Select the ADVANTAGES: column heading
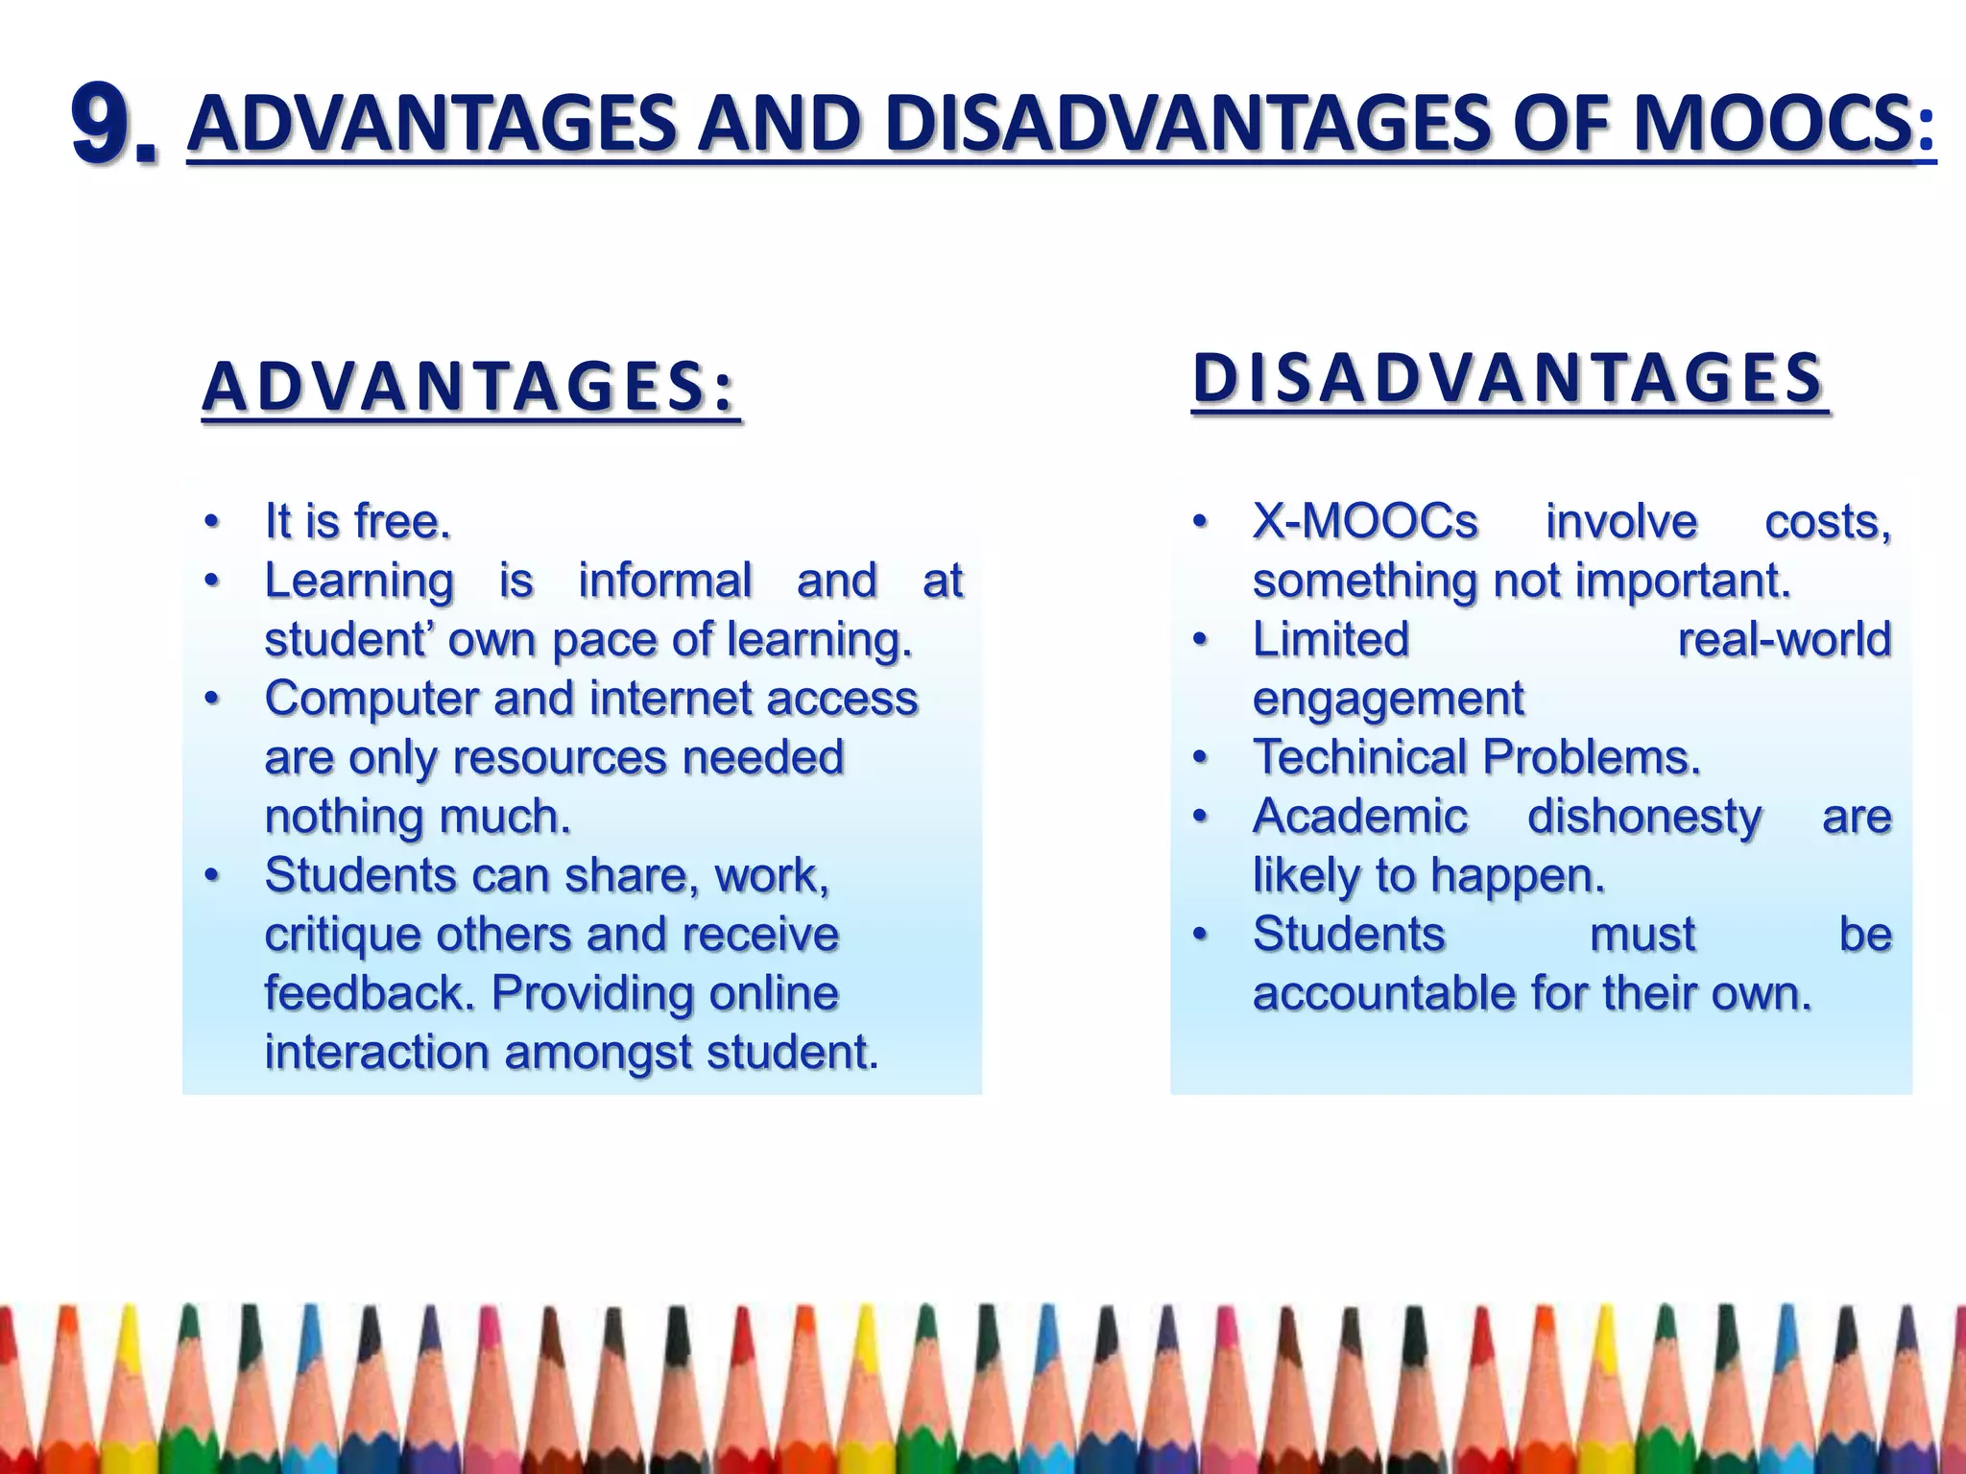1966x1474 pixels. pos(470,387)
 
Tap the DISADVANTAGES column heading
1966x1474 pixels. pos(1508,378)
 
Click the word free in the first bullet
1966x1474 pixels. pos(401,522)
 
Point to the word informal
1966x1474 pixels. pos(664,581)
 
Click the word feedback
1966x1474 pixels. pos(370,993)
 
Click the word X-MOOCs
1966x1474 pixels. pos(1365,522)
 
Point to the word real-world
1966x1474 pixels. pos(1784,640)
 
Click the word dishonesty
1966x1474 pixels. pos(1644,817)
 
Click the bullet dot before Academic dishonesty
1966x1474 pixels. pos(1198,817)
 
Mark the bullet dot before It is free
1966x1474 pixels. pos(211,523)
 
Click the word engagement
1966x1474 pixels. pos(1387,699)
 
